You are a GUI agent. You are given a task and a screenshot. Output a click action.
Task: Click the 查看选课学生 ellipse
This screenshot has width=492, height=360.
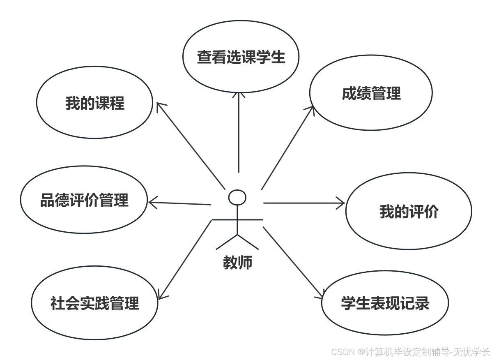pyautogui.click(x=241, y=57)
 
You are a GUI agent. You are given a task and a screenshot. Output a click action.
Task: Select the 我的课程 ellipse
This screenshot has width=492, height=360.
pyautogui.click(x=95, y=103)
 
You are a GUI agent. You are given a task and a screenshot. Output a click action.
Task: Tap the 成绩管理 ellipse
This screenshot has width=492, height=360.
pyautogui.click(x=371, y=93)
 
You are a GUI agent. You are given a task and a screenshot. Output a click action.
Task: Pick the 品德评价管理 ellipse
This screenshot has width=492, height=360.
pyautogui.click(x=84, y=201)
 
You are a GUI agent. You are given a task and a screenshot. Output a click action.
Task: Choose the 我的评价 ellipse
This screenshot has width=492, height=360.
pyautogui.click(x=408, y=212)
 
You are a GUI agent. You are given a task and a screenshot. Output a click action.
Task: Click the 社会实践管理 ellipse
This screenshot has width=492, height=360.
pyautogui.click(x=94, y=304)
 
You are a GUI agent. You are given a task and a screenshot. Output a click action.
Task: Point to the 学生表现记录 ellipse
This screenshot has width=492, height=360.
pyautogui.click(x=385, y=303)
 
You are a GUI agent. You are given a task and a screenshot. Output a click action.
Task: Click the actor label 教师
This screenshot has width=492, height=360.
pyautogui.click(x=237, y=262)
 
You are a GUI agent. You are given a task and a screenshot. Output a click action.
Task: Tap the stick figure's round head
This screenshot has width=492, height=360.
pyautogui.click(x=237, y=197)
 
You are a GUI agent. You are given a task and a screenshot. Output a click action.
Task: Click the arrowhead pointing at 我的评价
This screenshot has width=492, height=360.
pyautogui.click(x=341, y=202)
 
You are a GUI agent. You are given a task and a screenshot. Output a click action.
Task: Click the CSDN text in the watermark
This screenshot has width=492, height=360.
pyautogui.click(x=343, y=352)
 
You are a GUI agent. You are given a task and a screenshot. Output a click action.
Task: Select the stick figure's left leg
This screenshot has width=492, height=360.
pyautogui.click(x=227, y=242)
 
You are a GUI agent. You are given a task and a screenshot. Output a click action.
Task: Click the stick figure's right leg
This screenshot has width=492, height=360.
pyautogui.click(x=248, y=242)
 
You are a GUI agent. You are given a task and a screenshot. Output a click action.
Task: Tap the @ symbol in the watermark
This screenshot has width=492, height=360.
pyautogui.click(x=361, y=352)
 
